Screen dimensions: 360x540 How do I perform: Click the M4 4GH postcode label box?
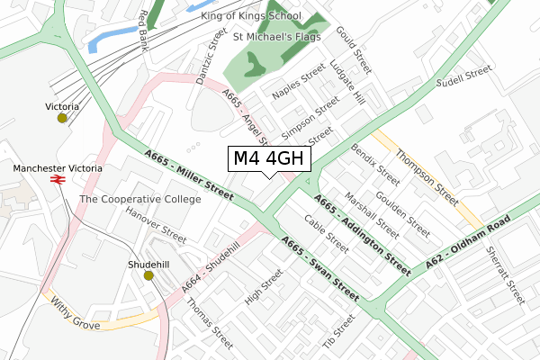pyautogui.click(x=271, y=159)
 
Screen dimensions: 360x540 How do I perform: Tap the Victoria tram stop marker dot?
pyautogui.click(x=61, y=118)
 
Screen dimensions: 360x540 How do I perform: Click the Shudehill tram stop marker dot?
pyautogui.click(x=148, y=275)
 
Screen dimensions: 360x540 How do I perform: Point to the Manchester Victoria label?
pyautogui.click(x=58, y=168)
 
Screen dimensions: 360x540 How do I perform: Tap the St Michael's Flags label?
pyautogui.click(x=277, y=38)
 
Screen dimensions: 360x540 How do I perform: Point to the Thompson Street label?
pyautogui.click(x=428, y=174)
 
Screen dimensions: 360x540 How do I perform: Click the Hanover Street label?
pyautogui.click(x=156, y=226)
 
